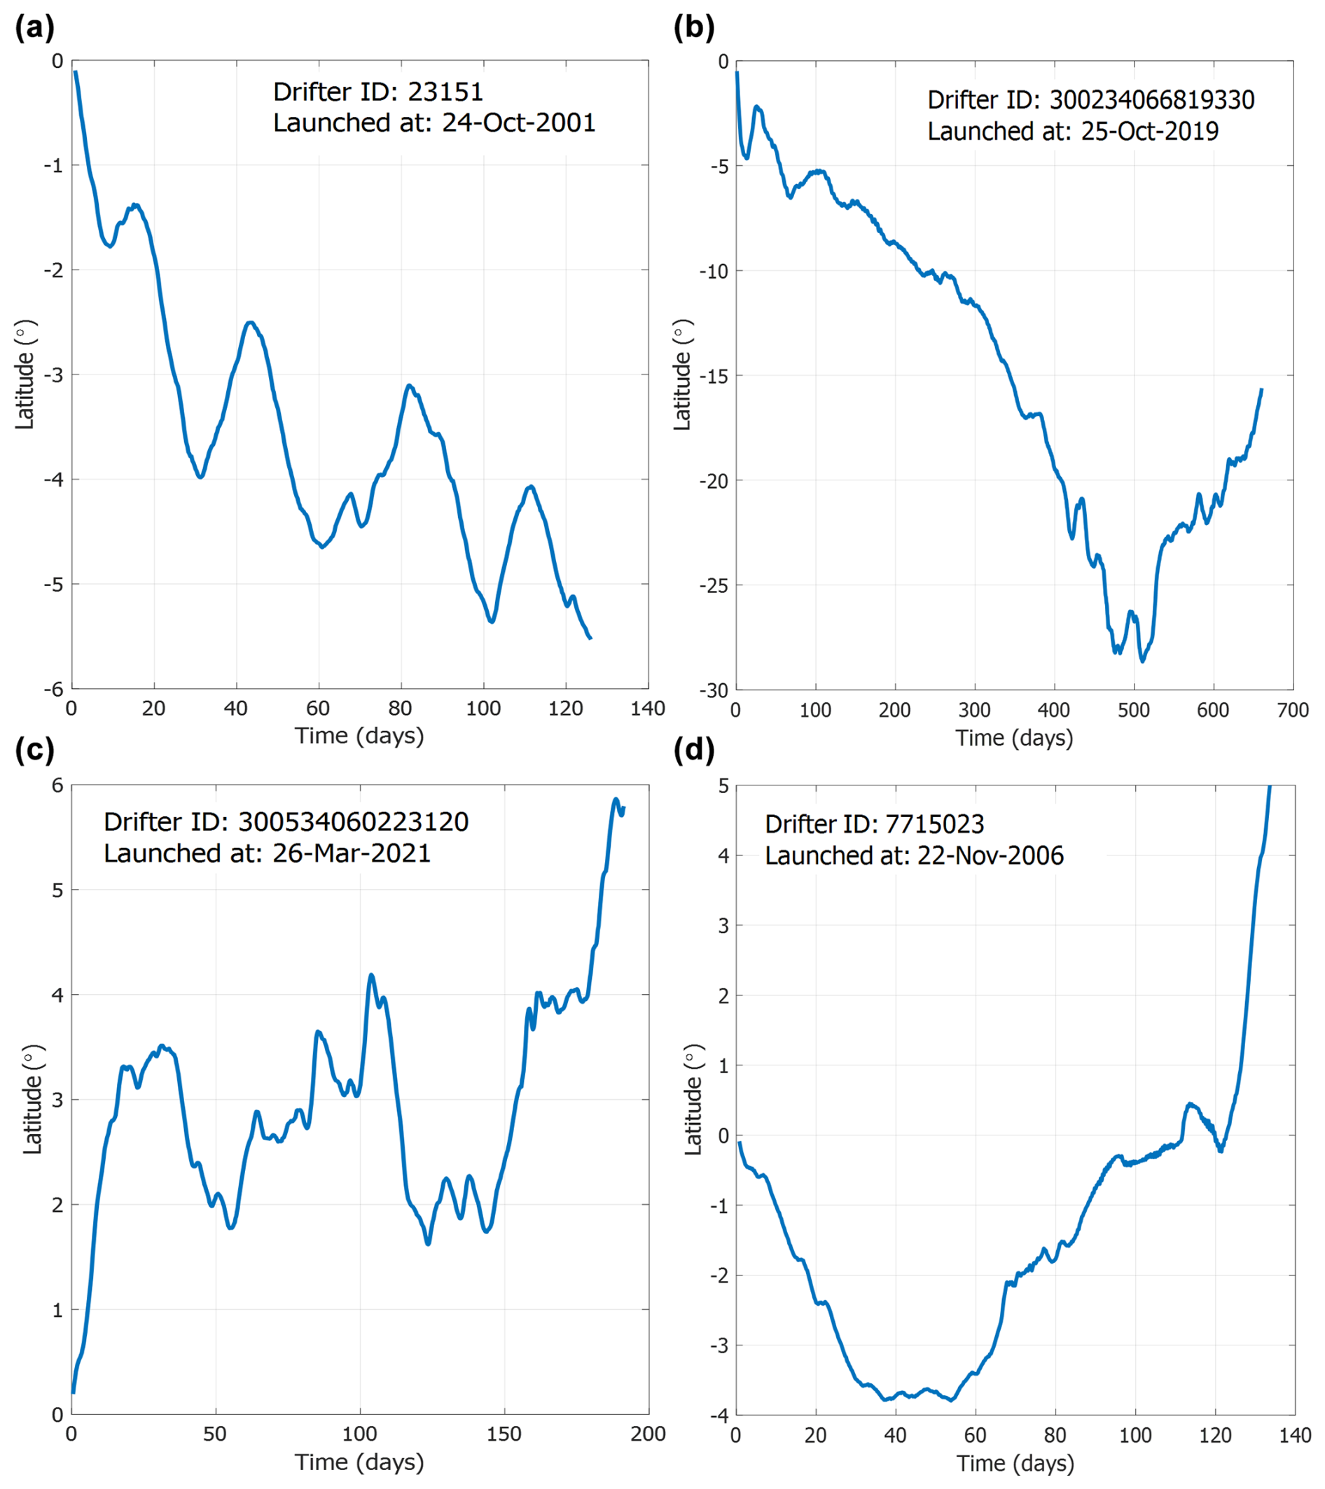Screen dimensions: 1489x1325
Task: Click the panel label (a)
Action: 34,29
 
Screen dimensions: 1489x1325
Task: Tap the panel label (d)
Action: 693,750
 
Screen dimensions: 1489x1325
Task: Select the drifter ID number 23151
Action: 445,92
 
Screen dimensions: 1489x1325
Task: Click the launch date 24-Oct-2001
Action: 518,123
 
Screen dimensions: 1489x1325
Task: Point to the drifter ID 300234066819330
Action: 1151,100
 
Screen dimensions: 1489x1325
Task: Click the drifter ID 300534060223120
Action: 353,822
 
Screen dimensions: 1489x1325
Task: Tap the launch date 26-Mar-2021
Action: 352,853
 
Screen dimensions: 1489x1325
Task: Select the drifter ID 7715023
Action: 934,824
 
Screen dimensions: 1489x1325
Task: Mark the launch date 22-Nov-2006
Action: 990,855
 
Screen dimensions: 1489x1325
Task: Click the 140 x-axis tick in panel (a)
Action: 647,709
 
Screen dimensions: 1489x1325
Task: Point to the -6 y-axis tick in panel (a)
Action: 57,689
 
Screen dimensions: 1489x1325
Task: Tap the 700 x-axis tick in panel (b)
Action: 1293,711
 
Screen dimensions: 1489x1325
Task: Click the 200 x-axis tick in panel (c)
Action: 647,1434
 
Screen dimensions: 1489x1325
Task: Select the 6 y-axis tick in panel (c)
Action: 57,785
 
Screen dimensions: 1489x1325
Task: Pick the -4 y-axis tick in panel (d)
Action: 721,1415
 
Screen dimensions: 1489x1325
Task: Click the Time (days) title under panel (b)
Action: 1014,738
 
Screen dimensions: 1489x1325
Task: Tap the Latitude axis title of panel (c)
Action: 32,1100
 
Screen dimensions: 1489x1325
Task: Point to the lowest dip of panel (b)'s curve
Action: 1142,661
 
